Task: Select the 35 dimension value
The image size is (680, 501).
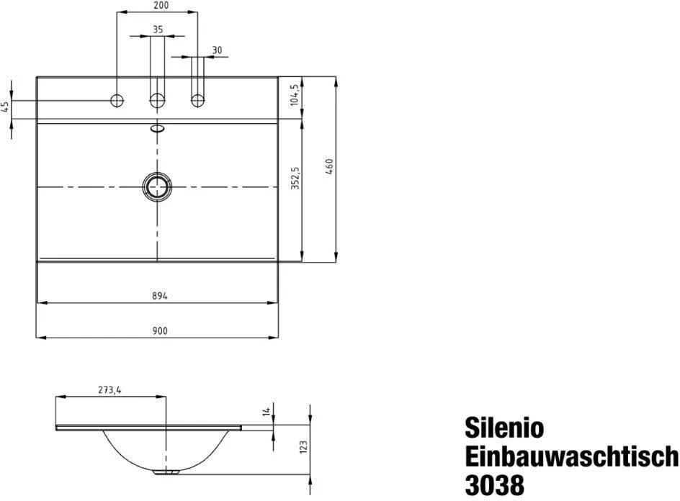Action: (158, 30)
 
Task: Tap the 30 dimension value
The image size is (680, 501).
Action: (217, 49)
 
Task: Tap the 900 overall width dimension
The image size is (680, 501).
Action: (159, 331)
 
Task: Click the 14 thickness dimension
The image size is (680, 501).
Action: (266, 412)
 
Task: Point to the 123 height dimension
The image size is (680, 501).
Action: (303, 448)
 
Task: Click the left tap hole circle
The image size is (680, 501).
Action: (117, 100)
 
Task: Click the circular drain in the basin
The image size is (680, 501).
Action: (157, 186)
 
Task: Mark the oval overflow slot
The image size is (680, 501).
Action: (157, 130)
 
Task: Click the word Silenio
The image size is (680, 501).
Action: (504, 428)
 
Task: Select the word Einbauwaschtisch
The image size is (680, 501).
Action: (571, 456)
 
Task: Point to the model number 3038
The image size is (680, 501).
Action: (494, 484)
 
